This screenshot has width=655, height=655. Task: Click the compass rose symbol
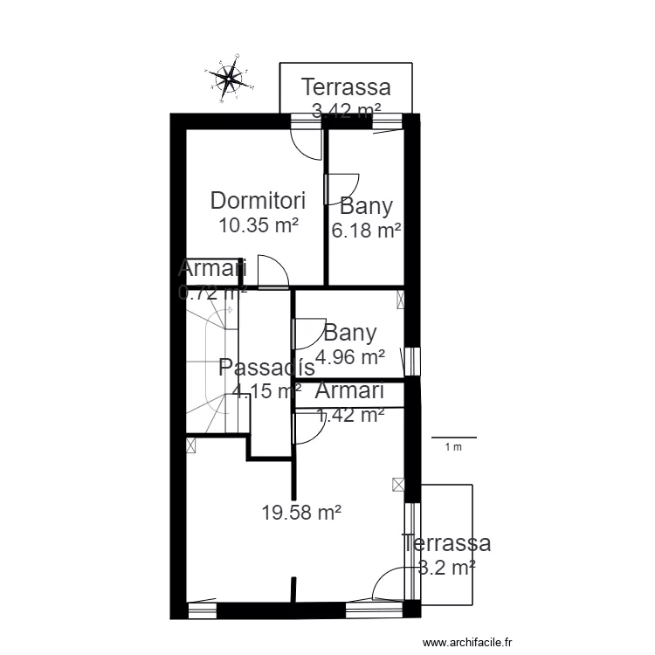[229, 79]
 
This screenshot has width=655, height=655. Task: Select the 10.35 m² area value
[259, 225]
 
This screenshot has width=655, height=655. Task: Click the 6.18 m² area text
[366, 231]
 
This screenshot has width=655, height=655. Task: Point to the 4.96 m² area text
[350, 356]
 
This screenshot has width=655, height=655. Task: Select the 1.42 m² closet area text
[350, 416]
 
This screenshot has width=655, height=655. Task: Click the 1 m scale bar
[454, 438]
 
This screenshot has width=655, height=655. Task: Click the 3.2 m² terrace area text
[446, 567]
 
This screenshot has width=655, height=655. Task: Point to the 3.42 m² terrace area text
[346, 111]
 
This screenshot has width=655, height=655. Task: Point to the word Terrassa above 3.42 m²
[346, 87]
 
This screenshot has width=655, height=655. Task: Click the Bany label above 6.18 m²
[367, 207]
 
